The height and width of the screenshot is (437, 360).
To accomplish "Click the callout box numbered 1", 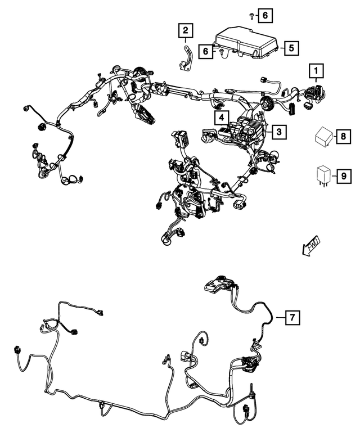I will point(316,71).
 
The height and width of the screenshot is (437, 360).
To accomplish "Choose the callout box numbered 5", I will point(290,48).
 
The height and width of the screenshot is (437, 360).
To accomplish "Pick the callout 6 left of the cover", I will point(206,51).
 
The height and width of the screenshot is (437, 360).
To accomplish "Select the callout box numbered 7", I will point(291,317).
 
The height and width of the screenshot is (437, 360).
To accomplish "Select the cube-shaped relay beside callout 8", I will point(322,137).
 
